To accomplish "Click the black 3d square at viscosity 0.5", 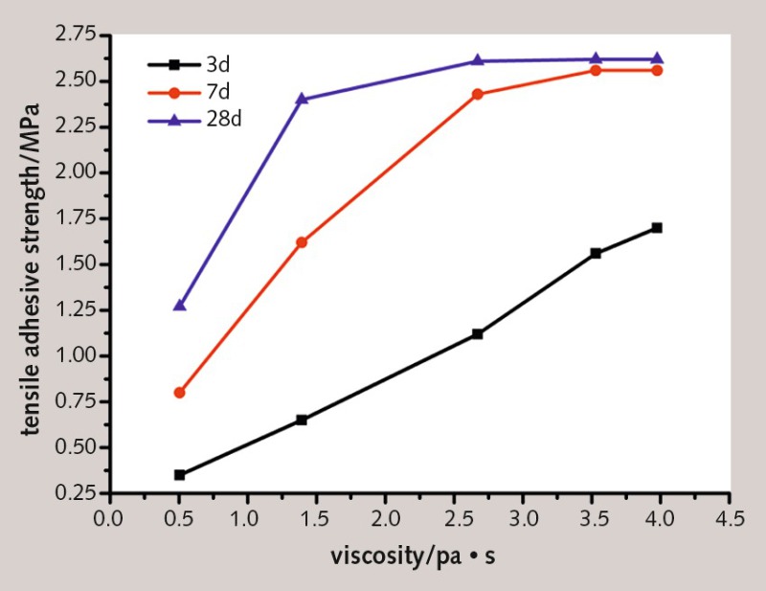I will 179,474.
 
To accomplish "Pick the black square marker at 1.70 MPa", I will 656,228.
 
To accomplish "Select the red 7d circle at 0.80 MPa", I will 179,393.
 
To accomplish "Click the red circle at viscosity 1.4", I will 302,242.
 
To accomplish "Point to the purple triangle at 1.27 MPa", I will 179,306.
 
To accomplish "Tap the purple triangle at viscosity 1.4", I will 302,99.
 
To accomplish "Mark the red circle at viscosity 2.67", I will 478,94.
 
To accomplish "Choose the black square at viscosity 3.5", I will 596,253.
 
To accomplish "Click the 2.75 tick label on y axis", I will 76,35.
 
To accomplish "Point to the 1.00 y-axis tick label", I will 76,356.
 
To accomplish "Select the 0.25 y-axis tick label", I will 76,493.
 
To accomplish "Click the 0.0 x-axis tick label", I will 110,518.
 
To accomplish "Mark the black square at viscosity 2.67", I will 478,333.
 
